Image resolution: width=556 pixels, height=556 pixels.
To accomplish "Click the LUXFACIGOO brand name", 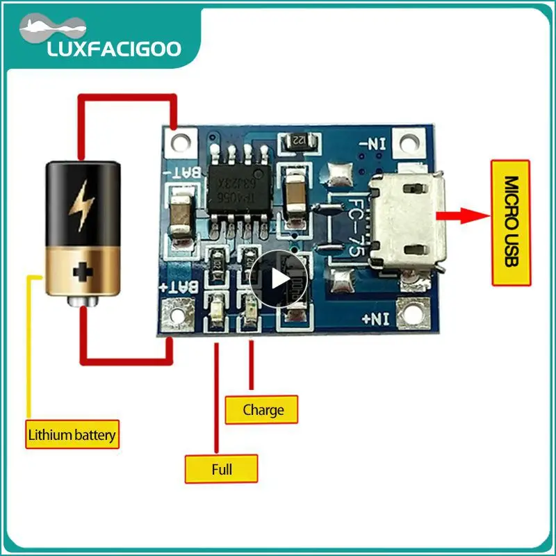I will pyautogui.click(x=113, y=49).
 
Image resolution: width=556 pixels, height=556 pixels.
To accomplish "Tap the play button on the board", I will pyautogui.click(x=278, y=279).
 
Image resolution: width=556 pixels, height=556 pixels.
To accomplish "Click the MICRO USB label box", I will pyautogui.click(x=511, y=222).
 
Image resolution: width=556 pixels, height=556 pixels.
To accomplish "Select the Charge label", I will pyautogui.click(x=263, y=409).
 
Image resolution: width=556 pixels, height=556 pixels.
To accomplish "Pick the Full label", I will pyautogui.click(x=221, y=469).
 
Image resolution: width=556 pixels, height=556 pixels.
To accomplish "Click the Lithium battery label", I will pyautogui.click(x=72, y=436).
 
